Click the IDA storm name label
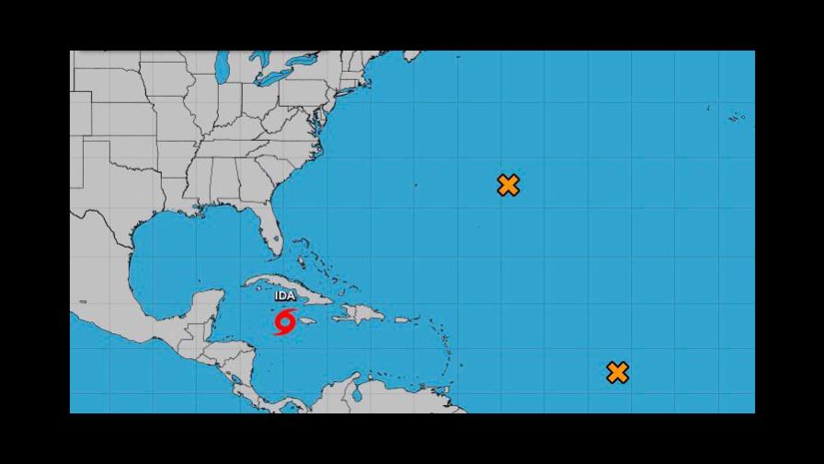click(286, 296)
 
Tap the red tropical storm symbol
click(285, 323)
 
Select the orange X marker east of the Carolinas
click(509, 185)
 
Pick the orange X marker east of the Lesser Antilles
click(618, 373)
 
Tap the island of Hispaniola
click(358, 314)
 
